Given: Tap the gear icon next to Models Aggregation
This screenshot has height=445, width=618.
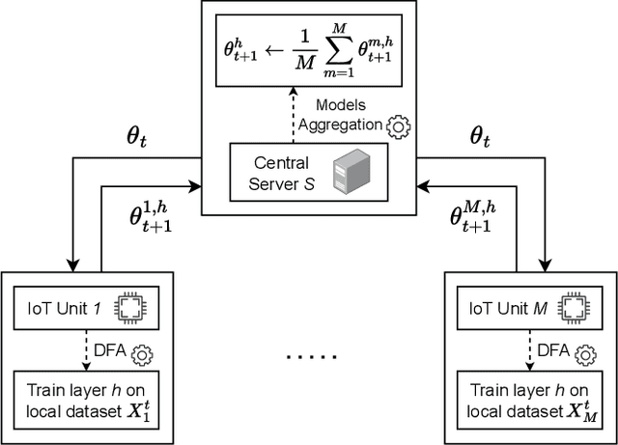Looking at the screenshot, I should tap(396, 126).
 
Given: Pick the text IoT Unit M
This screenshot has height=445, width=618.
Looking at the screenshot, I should tap(503, 309).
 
